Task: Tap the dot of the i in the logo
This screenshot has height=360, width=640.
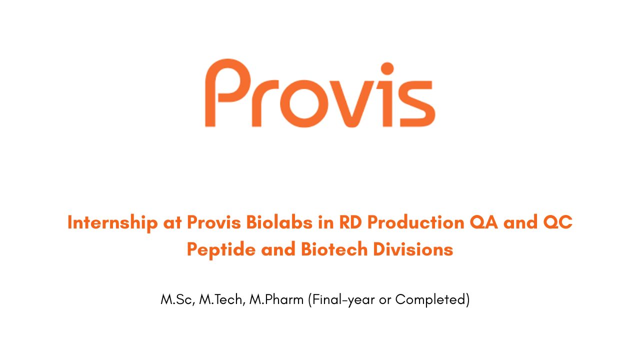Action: (x=387, y=68)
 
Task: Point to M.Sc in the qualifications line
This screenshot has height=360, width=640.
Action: (x=175, y=300)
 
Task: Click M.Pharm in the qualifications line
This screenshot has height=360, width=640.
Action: (x=276, y=300)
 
